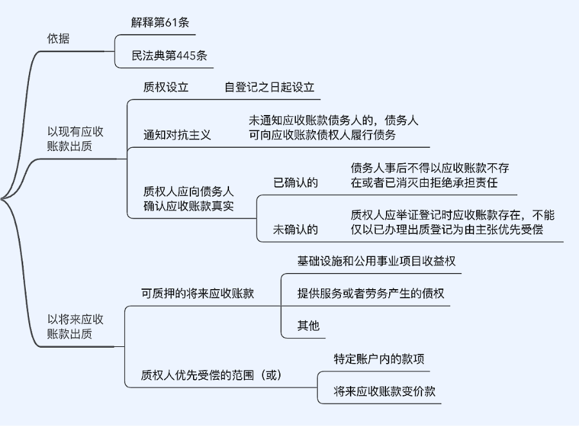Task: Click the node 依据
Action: pos(59,39)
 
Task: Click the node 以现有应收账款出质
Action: pos(75,139)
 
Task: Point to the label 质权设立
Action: pos(166,87)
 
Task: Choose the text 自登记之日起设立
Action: pos(269,87)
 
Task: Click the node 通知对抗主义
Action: pos(177,135)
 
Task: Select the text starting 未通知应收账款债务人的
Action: pos(333,127)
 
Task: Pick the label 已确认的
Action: pos(295,183)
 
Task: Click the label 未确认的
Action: pos(295,229)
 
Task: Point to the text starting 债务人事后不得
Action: pos(430,175)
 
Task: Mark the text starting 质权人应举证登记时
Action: pos(452,222)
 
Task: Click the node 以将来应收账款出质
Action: pos(75,326)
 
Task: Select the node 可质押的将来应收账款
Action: pos(198,294)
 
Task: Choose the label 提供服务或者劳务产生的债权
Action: pos(371,293)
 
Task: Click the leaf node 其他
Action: pos(308,325)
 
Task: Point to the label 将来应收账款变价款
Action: pos(385,391)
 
